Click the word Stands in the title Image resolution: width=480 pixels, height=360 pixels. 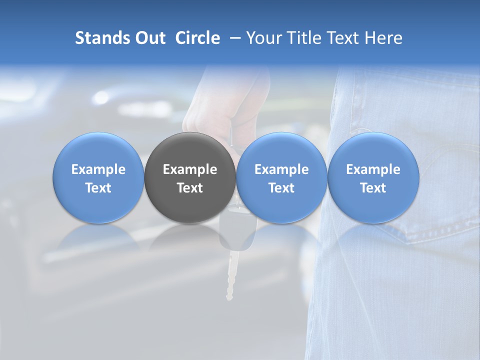click(102, 38)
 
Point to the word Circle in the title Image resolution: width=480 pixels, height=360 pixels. click(197, 38)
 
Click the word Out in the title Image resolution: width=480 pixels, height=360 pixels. click(149, 38)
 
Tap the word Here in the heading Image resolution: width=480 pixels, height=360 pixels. click(383, 38)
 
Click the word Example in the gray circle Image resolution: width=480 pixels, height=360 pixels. click(190, 169)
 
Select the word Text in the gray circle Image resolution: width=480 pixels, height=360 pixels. click(190, 188)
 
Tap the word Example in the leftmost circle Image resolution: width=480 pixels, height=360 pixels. click(98, 169)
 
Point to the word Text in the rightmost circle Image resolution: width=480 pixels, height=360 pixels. click(373, 188)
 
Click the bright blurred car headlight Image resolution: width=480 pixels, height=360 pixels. click(101, 96)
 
